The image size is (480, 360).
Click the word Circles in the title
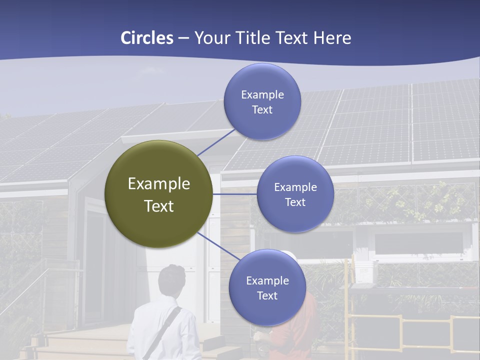(146, 38)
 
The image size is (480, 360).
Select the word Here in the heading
(332, 38)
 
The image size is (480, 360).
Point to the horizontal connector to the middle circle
(234, 194)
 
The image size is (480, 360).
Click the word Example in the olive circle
(158, 183)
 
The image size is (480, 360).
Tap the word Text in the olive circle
(158, 206)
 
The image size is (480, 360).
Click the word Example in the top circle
(262, 94)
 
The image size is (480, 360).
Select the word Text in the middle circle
(295, 202)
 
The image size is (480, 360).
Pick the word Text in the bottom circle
(267, 296)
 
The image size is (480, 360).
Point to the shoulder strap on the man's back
(162, 332)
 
